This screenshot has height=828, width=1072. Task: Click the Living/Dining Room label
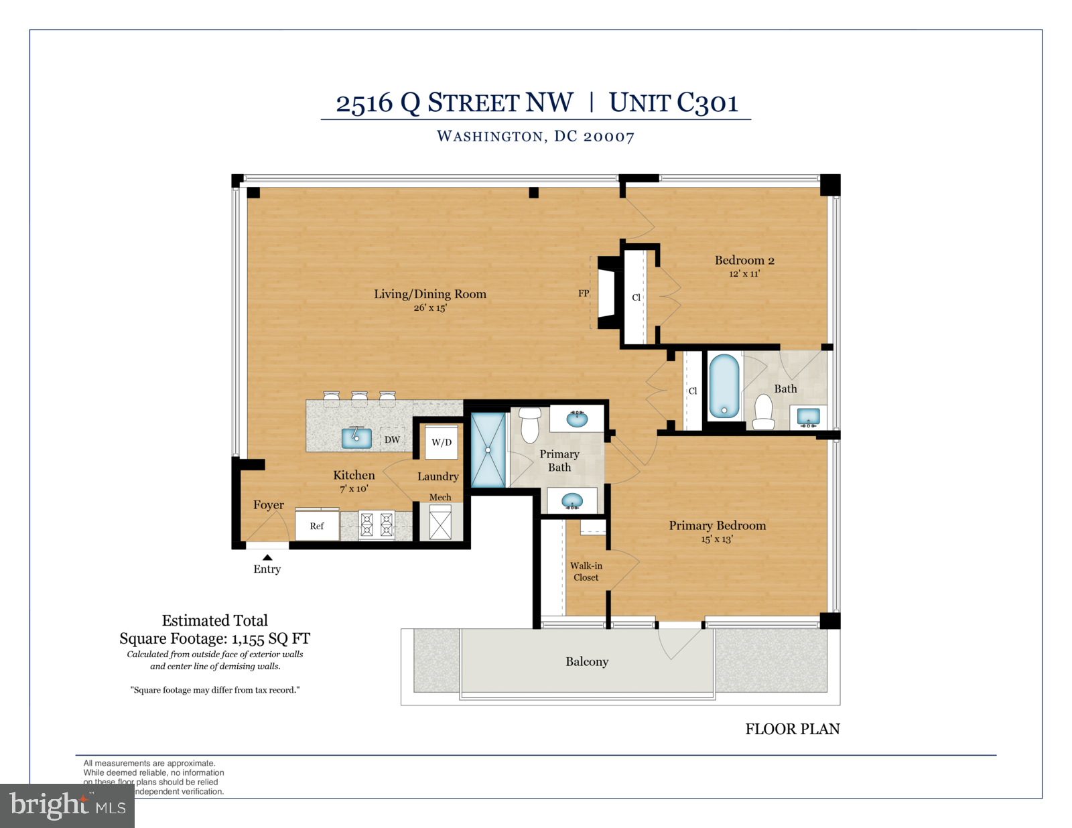(x=429, y=294)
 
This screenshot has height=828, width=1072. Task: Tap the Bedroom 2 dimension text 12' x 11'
(x=744, y=273)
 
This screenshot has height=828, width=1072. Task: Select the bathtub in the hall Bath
(x=724, y=386)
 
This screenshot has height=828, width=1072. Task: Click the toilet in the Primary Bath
(x=530, y=424)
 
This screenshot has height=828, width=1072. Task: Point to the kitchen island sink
(x=356, y=437)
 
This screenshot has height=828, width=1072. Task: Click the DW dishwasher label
(x=392, y=440)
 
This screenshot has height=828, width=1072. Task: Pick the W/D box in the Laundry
(x=442, y=442)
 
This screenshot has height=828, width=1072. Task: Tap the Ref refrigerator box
(x=317, y=527)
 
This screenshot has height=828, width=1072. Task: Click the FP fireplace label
(x=584, y=293)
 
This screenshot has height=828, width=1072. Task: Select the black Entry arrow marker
(x=267, y=557)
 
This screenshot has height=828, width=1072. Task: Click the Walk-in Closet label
(x=586, y=571)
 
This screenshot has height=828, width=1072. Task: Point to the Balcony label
(x=587, y=662)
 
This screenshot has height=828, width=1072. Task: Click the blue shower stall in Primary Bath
(x=488, y=450)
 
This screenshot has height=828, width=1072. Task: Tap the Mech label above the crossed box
(x=440, y=497)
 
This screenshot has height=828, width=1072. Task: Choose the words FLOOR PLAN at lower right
(x=792, y=729)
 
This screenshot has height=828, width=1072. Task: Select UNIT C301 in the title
(x=673, y=103)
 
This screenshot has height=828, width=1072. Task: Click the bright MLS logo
(x=67, y=805)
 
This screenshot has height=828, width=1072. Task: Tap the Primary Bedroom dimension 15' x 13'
(x=717, y=539)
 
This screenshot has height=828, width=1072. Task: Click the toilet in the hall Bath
(x=764, y=411)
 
